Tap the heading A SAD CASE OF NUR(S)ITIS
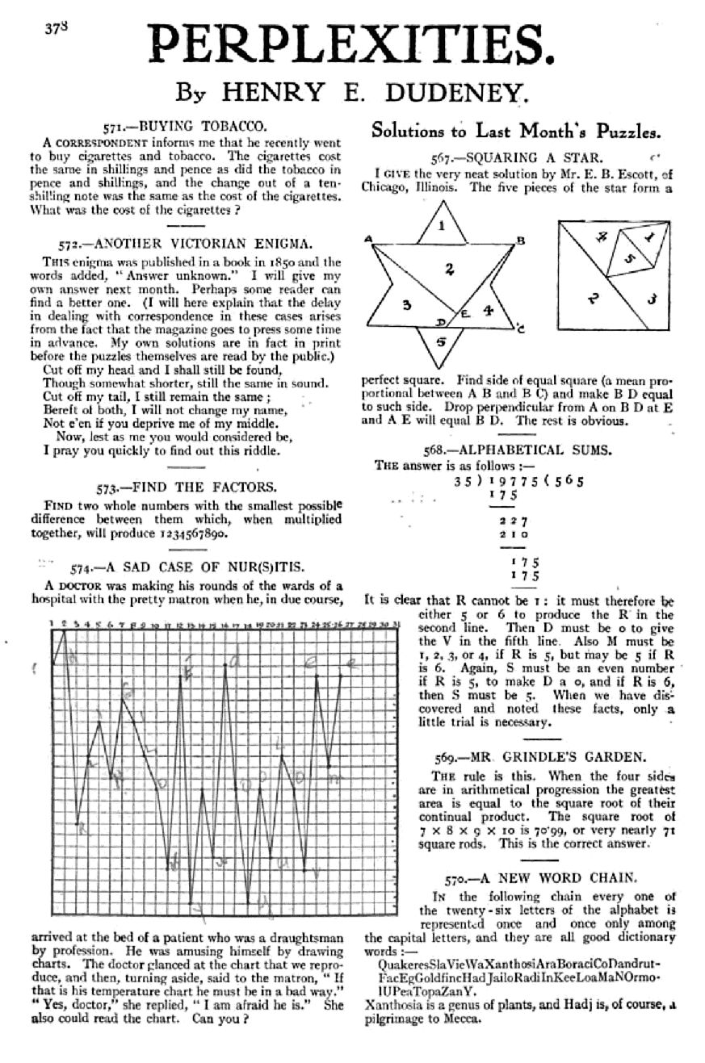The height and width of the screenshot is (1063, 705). click(x=206, y=567)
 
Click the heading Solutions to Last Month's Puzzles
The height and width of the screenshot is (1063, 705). click(x=516, y=131)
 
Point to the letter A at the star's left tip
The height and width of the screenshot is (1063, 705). click(x=368, y=238)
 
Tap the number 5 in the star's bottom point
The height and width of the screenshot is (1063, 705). click(x=440, y=341)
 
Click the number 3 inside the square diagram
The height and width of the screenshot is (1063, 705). click(x=652, y=299)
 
